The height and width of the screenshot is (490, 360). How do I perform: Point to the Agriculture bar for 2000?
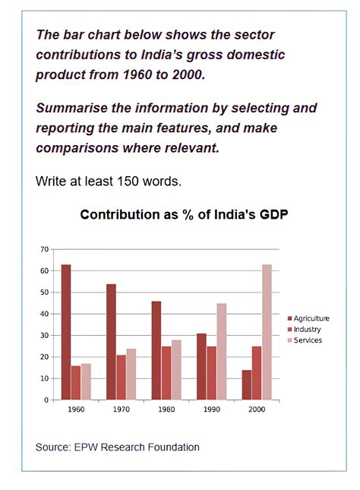pyautogui.click(x=248, y=384)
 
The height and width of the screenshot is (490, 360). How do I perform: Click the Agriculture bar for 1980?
pyautogui.click(x=156, y=350)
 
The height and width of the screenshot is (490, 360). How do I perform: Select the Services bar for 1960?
pyautogui.click(x=85, y=381)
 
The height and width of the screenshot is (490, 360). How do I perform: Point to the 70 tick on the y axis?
pyautogui.click(x=44, y=249)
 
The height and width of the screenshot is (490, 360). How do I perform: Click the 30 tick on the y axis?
pyautogui.click(x=44, y=335)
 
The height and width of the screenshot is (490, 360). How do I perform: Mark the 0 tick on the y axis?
pyautogui.click(x=46, y=400)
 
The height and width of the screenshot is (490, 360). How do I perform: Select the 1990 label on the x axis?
pyautogui.click(x=211, y=409)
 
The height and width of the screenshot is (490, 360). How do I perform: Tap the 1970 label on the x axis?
pyautogui.click(x=121, y=409)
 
